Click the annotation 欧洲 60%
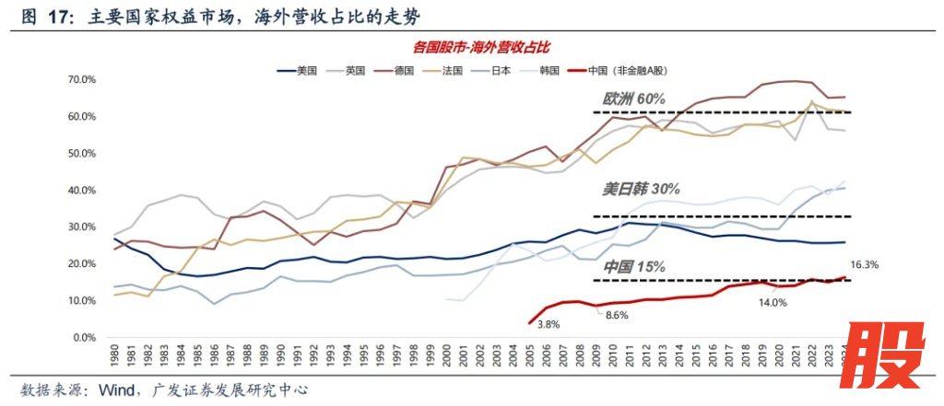pos(633,99)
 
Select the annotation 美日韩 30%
pos(641,189)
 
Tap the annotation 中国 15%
pos(634,267)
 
